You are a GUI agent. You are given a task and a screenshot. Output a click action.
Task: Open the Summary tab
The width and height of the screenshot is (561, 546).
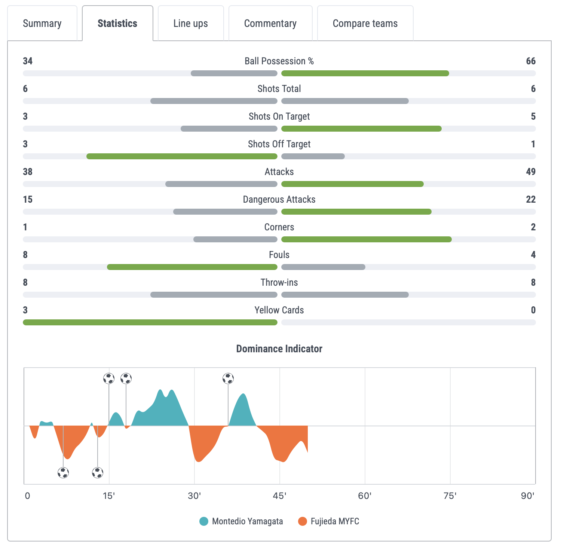tap(42, 23)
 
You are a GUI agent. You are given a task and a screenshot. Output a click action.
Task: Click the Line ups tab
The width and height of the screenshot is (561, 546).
tap(191, 23)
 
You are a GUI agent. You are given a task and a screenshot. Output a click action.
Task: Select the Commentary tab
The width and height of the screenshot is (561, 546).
tap(270, 23)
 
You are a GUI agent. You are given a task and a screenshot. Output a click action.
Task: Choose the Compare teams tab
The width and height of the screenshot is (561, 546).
tap(365, 23)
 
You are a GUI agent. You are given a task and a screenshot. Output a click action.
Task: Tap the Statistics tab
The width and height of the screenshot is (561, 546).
tap(117, 23)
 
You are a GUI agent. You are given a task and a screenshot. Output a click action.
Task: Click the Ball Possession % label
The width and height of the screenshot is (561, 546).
tap(279, 61)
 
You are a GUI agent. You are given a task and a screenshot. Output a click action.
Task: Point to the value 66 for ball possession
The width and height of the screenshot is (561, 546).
tap(531, 61)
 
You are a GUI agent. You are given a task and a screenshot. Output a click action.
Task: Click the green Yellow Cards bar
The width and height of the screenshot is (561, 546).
tap(150, 322)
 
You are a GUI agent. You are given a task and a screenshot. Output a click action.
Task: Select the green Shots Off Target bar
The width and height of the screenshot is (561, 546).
tap(182, 156)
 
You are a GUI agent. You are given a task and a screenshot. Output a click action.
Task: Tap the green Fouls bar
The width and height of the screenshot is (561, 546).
tap(192, 267)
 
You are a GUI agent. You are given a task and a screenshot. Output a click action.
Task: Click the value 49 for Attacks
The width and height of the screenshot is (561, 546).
tap(531, 172)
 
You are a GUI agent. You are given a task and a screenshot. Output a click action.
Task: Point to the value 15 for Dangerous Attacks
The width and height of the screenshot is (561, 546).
tap(28, 199)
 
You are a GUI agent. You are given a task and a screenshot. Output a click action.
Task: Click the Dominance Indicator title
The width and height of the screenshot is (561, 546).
tap(279, 349)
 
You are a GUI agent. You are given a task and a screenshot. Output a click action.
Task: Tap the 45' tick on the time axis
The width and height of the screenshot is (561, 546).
tap(280, 496)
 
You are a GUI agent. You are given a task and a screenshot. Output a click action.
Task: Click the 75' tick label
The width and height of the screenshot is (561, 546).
tap(450, 496)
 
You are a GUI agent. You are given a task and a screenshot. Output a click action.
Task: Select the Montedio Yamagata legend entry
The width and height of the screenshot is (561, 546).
tap(241, 521)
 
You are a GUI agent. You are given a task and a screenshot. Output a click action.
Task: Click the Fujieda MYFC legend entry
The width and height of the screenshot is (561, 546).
tap(329, 521)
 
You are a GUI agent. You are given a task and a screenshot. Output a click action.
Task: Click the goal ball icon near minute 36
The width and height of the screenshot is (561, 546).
tap(228, 378)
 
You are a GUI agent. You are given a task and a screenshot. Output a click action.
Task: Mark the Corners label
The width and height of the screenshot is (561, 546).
tap(279, 227)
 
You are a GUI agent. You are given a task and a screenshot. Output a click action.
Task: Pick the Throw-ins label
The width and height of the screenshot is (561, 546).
tap(279, 282)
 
